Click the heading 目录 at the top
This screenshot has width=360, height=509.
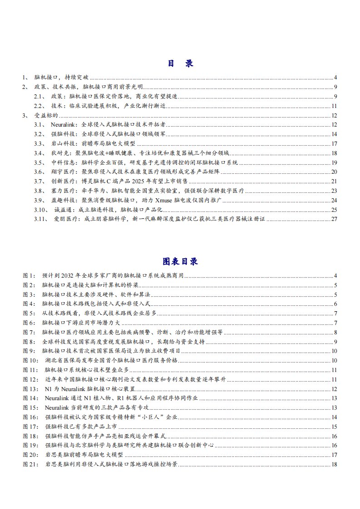(x=180, y=63)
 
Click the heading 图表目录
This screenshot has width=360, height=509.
(x=180, y=262)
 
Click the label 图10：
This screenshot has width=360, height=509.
(x=30, y=360)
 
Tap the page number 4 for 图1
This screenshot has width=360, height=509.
(x=335, y=275)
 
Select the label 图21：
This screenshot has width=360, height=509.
(x=30, y=465)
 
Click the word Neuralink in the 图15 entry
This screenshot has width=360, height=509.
(x=56, y=408)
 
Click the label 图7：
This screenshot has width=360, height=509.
(x=29, y=332)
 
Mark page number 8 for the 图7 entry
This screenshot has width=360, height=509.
(x=335, y=332)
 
